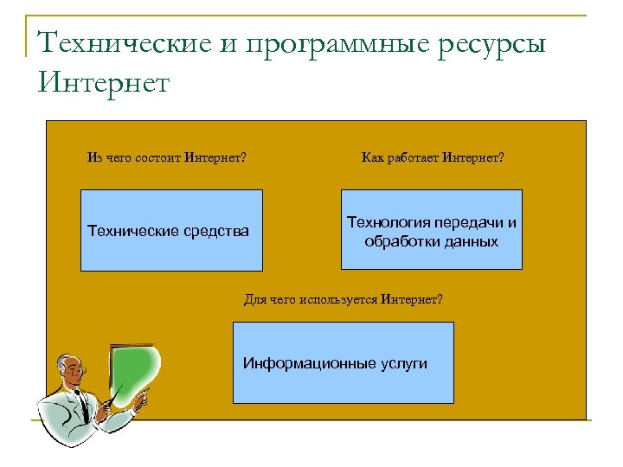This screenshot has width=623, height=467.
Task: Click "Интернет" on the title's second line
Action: [x=105, y=83]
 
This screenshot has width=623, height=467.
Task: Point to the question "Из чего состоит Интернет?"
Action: [x=166, y=158]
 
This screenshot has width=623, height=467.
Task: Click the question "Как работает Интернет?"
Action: [x=432, y=158]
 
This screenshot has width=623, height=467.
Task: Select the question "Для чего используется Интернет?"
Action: [x=343, y=299]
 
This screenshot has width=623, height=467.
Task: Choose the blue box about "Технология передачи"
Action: [x=432, y=230]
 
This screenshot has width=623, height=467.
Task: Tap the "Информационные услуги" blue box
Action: [x=344, y=362]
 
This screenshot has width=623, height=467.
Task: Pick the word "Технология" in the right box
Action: [x=387, y=222]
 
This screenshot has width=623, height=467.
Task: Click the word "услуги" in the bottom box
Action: [x=403, y=363]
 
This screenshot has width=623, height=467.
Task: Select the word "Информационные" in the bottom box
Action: [x=309, y=363]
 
